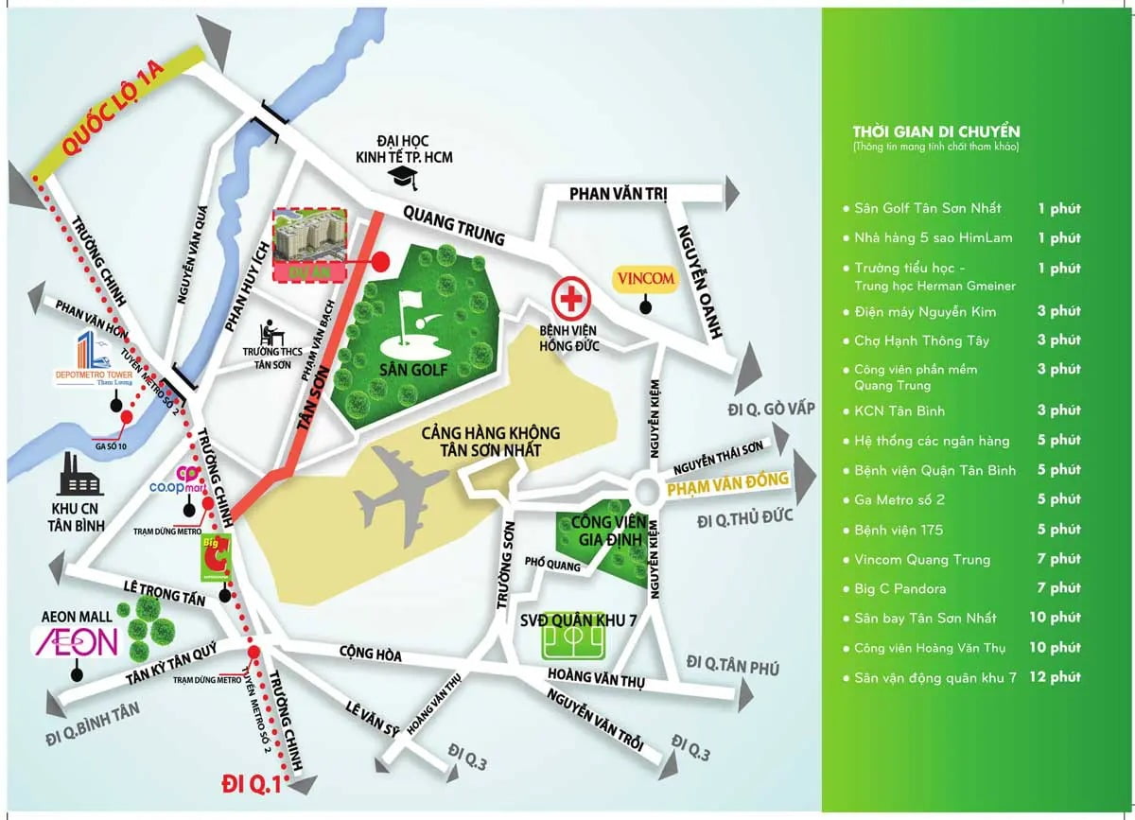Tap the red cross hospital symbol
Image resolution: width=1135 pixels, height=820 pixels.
570,298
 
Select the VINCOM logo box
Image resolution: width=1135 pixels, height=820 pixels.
645,279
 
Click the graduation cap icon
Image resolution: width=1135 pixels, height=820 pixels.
404,176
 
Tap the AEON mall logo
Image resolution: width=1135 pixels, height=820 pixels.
77,642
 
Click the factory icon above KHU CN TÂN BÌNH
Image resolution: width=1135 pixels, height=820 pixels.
81,476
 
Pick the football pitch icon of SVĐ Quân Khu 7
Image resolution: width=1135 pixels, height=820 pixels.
573,642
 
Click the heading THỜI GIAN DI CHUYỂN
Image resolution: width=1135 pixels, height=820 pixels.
935,131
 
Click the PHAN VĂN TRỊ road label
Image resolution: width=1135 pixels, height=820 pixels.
618,194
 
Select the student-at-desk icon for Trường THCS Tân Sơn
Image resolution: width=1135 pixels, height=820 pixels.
272,332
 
